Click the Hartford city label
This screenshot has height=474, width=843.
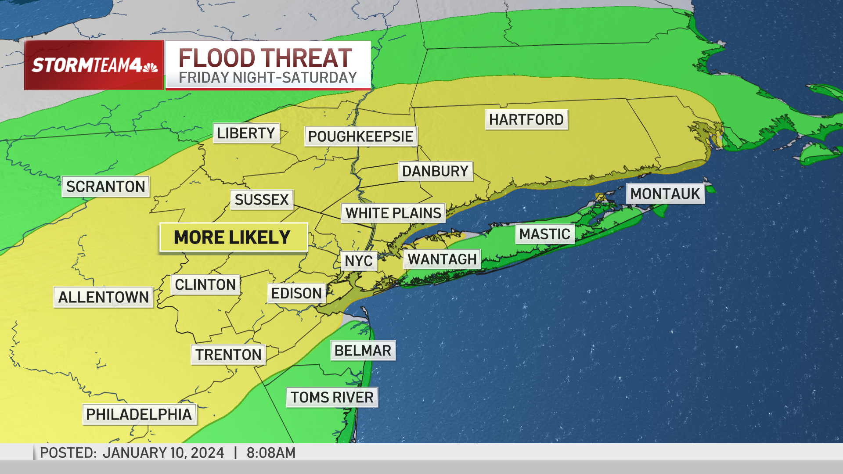tap(526, 119)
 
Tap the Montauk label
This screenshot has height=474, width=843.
tap(665, 194)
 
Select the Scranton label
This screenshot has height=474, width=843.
tap(105, 187)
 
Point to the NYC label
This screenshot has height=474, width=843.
tap(358, 261)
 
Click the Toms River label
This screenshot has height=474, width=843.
tap(331, 397)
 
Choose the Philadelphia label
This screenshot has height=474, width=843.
tap(139, 414)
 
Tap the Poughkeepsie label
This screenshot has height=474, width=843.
tap(360, 136)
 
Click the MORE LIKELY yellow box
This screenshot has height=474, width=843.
tap(233, 237)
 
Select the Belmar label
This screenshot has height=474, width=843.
tap(363, 351)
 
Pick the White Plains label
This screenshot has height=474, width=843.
tap(393, 213)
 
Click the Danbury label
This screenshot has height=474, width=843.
tap(435, 171)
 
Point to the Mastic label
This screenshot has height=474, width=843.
tap(544, 234)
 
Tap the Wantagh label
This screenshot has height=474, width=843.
tap(442, 259)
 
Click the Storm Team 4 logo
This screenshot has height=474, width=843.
tap(94, 65)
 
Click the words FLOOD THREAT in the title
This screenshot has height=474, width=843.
tap(265, 57)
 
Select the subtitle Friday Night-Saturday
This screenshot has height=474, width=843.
tap(267, 78)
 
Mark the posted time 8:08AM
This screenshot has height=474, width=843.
tap(271, 452)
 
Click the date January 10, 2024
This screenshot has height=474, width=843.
tap(163, 452)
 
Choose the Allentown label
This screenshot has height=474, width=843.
tap(103, 297)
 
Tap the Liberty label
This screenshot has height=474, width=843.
tap(246, 133)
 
